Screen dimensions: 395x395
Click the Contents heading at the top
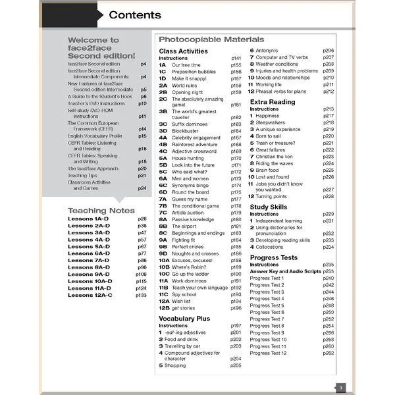pyautogui.click(x=134, y=15)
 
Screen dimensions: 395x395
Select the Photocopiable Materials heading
pyautogui.click(x=211, y=39)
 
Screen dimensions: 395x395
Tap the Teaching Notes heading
pyautogui.click(x=101, y=211)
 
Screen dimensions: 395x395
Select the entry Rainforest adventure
pyautogui.click(x=196, y=144)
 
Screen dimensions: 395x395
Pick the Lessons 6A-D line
pyautogui.click(x=89, y=253)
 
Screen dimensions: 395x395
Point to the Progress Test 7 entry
pyautogui.click(x=267, y=319)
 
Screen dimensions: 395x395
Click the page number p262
pyautogui.click(x=328, y=354)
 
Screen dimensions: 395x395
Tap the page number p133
pyautogui.click(x=141, y=296)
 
